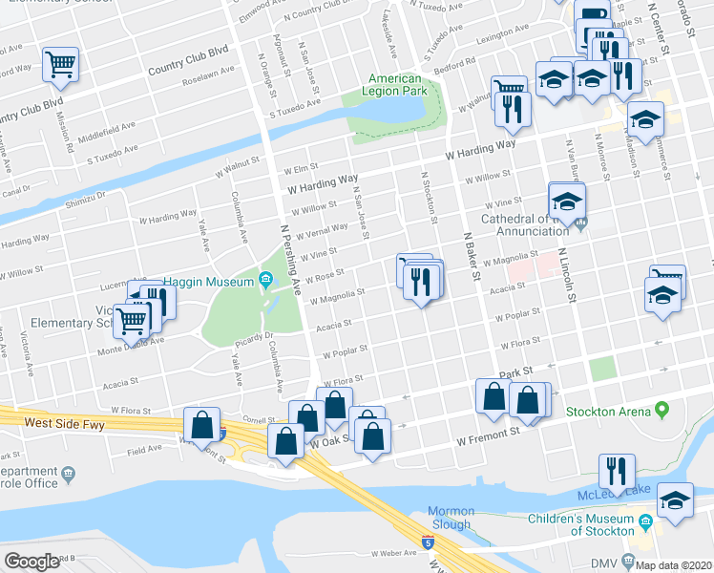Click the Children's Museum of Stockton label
tap(581, 524)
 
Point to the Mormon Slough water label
tap(450, 518)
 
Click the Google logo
tap(31, 562)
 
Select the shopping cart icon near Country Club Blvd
tap(61, 65)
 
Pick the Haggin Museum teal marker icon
tap(265, 281)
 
